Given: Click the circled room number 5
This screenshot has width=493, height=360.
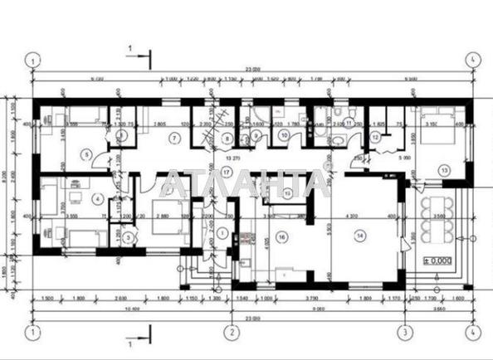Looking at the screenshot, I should coord(86,153).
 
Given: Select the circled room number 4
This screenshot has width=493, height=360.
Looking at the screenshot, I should coord(97,198).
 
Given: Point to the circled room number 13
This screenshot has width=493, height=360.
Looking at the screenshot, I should coord(444,170).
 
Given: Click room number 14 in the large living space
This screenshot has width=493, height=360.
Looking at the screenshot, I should coord(360,236).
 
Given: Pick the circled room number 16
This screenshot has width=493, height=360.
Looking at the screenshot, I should coord(282,236).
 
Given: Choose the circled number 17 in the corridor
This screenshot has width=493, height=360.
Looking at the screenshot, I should coord(226,172).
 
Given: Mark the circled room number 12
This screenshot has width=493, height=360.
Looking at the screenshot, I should coord(375,138).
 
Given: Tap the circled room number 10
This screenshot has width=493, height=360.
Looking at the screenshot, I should coord(283,135).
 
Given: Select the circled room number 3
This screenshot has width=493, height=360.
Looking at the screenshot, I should coord(128,237).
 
